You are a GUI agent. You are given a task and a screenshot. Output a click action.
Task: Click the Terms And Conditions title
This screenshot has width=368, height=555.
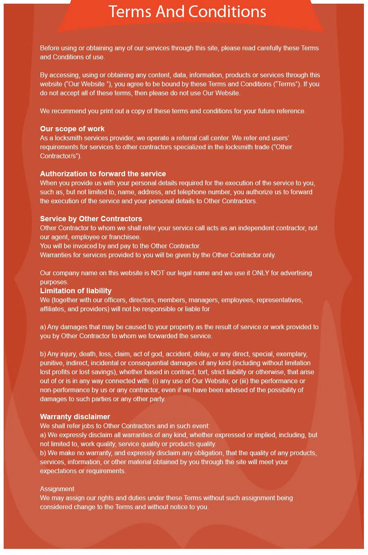187,12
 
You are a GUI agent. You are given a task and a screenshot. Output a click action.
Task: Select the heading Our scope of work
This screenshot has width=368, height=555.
72,129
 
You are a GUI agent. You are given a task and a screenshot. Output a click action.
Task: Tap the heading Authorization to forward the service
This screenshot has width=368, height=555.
103,174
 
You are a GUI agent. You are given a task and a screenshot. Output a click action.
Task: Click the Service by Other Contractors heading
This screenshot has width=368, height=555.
91,219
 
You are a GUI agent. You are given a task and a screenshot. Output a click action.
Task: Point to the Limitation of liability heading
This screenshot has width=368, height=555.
76,291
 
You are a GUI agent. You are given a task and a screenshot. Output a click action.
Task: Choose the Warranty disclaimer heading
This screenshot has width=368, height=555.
75,417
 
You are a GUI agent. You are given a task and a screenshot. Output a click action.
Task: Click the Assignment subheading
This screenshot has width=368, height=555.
57,489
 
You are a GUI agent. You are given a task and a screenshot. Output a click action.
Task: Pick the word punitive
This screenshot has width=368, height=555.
51,363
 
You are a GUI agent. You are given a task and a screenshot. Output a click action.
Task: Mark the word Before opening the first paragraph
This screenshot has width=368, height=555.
49,48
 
